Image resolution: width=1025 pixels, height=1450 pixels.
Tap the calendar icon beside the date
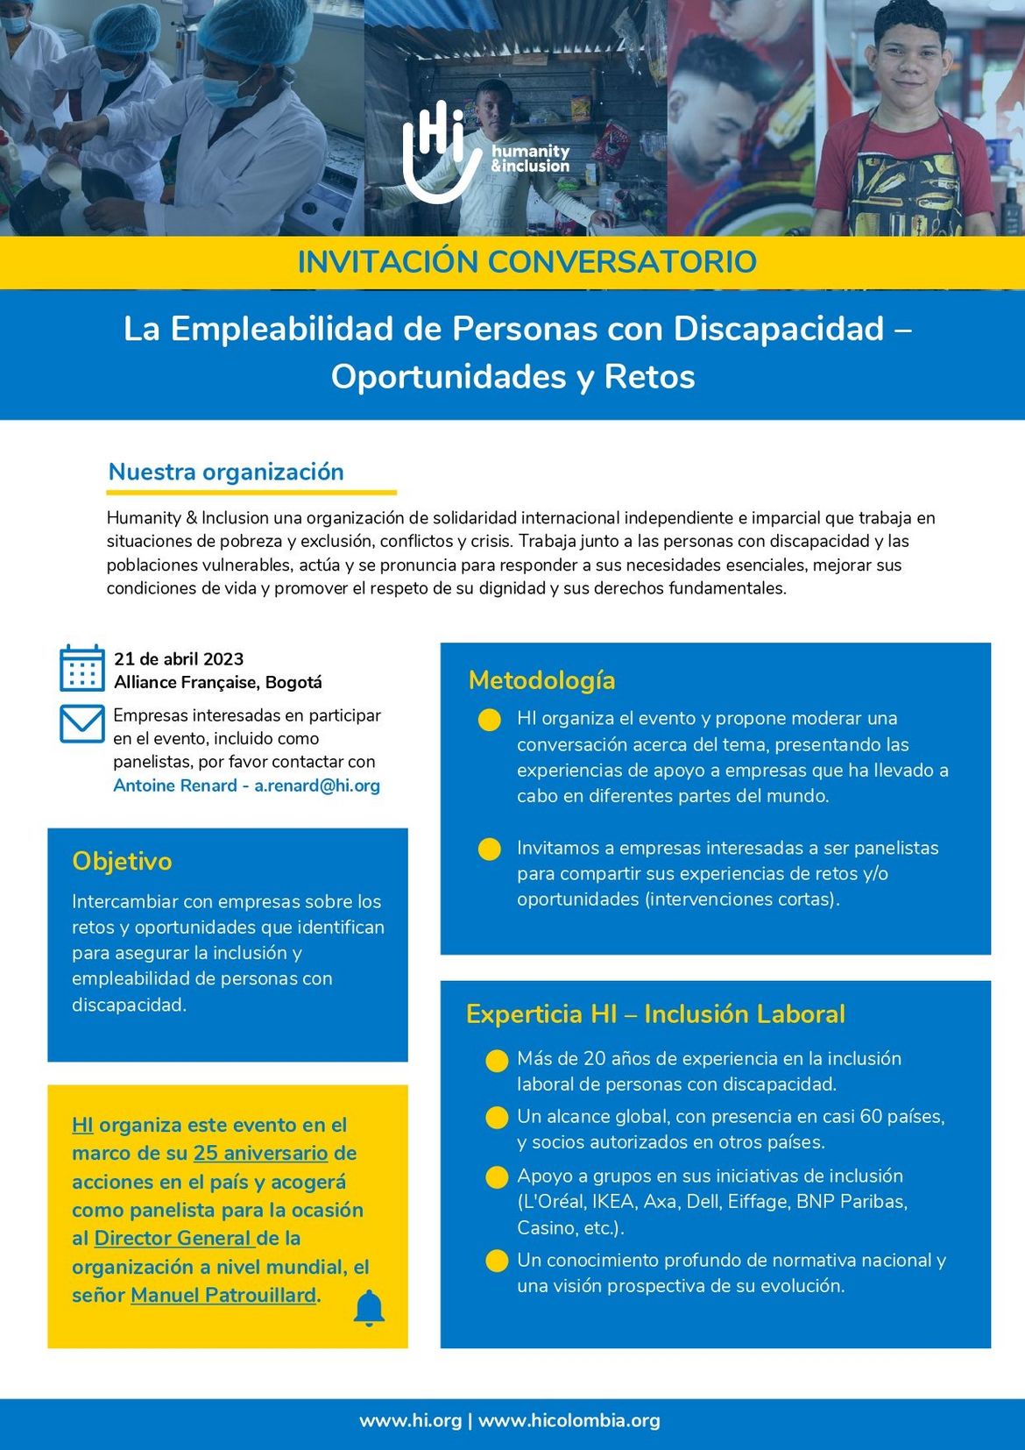click(82, 668)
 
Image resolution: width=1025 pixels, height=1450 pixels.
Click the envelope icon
click(82, 724)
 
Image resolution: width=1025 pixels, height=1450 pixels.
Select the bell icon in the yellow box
click(369, 1308)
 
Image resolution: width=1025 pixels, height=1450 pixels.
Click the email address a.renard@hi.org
click(317, 785)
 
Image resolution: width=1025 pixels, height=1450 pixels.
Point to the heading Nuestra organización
click(226, 472)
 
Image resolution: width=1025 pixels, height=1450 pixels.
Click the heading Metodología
click(541, 680)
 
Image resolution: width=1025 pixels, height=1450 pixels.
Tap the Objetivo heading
click(122, 861)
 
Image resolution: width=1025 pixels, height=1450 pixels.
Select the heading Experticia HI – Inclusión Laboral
click(655, 1014)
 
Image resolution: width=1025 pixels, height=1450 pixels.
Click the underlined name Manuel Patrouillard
click(223, 1295)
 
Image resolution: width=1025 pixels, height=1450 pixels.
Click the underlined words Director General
click(173, 1238)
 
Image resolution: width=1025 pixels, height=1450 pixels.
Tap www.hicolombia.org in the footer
click(569, 1420)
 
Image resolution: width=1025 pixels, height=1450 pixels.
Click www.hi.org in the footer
click(410, 1420)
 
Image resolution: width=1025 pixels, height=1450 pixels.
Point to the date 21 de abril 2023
click(179, 659)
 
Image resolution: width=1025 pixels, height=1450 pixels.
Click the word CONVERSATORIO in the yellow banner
click(622, 262)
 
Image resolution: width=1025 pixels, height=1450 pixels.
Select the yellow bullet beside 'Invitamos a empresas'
click(490, 849)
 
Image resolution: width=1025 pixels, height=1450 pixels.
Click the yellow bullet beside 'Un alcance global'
click(497, 1118)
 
